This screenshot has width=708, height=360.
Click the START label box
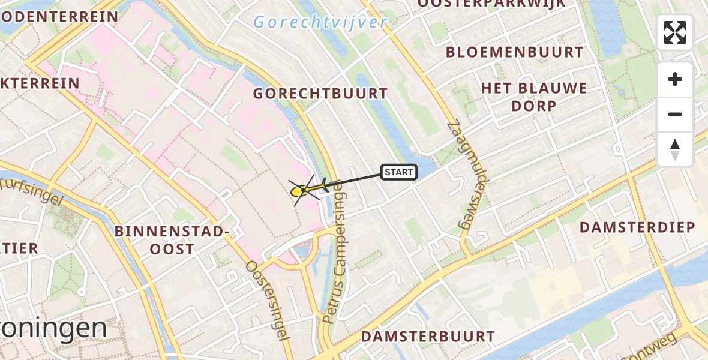coord(399,173)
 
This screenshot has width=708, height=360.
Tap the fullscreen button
coord(675,32)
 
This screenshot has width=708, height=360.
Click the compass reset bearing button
coord(675,149)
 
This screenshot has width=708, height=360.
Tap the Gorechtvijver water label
coord(320,23)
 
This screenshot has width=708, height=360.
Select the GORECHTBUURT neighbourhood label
coord(320,94)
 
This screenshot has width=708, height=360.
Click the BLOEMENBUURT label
coord(514,52)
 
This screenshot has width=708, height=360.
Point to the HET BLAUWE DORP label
coord(534,97)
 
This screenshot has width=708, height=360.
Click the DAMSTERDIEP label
coord(637,227)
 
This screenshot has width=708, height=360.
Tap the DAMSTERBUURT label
coord(428,337)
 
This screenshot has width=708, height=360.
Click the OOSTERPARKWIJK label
coord(491,4)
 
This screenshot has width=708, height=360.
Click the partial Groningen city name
coord(54,329)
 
